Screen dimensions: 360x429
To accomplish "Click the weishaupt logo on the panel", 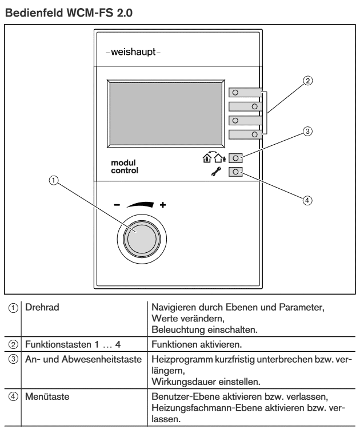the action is point(133,51).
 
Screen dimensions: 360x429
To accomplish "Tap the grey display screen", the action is point(166,114).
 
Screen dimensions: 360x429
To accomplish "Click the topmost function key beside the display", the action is point(246,93).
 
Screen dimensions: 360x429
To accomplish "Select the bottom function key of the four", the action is point(246,134).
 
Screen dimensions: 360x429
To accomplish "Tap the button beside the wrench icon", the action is point(235,172).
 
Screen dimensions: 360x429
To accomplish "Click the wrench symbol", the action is point(216,172).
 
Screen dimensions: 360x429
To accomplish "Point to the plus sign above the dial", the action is point(163,205).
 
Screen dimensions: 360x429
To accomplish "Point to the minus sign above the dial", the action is point(117,205).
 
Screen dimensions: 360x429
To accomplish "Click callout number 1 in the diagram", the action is point(54,180).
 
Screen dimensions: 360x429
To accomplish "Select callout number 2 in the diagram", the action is point(307,81).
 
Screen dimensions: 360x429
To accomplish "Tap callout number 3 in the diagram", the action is point(307,132).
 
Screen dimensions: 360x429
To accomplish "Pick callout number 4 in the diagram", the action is point(307,200).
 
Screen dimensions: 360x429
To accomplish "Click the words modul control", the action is point(125,166).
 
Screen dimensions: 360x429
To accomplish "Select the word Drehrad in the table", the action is point(42,307).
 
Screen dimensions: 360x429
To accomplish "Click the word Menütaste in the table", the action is point(47,396).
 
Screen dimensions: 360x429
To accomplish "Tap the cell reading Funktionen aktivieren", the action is point(197,344).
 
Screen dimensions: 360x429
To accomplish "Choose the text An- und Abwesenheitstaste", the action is point(83,359).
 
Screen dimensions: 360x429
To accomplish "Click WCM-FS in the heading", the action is point(90,13).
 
